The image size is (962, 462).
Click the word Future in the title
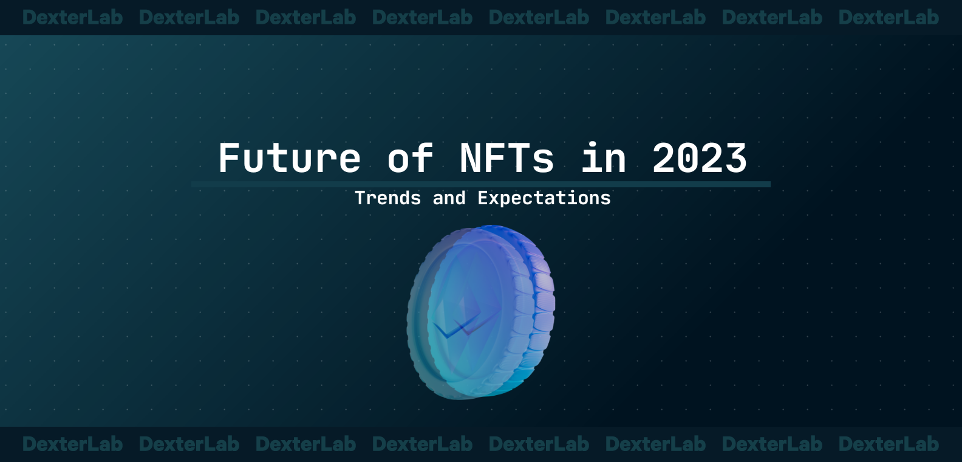click(x=290, y=159)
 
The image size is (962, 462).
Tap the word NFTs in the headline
click(x=507, y=159)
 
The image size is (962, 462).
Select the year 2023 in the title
click(x=699, y=159)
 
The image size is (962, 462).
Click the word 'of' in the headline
click(x=411, y=159)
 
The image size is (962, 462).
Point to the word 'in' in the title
click(x=603, y=159)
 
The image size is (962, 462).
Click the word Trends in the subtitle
click(x=387, y=198)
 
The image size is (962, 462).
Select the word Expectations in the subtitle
click(x=544, y=198)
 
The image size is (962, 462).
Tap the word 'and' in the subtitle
click(x=449, y=198)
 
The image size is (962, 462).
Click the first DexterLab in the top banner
click(x=72, y=18)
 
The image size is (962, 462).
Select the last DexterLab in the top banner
click(x=889, y=18)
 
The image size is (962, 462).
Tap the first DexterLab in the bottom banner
click(x=72, y=444)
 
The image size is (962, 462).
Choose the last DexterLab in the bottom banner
click(x=889, y=444)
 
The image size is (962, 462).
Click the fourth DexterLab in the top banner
click(x=422, y=18)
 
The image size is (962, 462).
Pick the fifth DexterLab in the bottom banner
click(x=539, y=444)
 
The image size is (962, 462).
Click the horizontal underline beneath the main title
click(x=480, y=184)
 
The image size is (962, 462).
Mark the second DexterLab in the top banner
click(x=189, y=18)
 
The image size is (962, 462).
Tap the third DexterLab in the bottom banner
click(x=305, y=444)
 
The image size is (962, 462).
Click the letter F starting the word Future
click(x=230, y=159)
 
